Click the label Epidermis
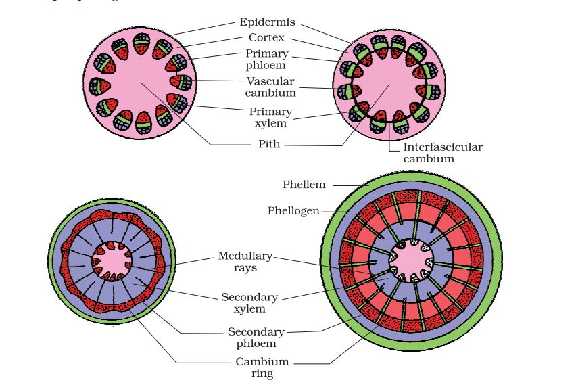point(266,22)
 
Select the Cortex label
point(266,38)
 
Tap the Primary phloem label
point(266,59)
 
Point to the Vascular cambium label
point(270,87)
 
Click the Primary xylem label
point(270,117)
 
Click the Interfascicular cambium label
point(443,153)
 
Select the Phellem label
point(304,184)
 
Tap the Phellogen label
point(293,211)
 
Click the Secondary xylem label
point(249,303)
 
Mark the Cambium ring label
point(262,367)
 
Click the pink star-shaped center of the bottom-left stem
point(112,258)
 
